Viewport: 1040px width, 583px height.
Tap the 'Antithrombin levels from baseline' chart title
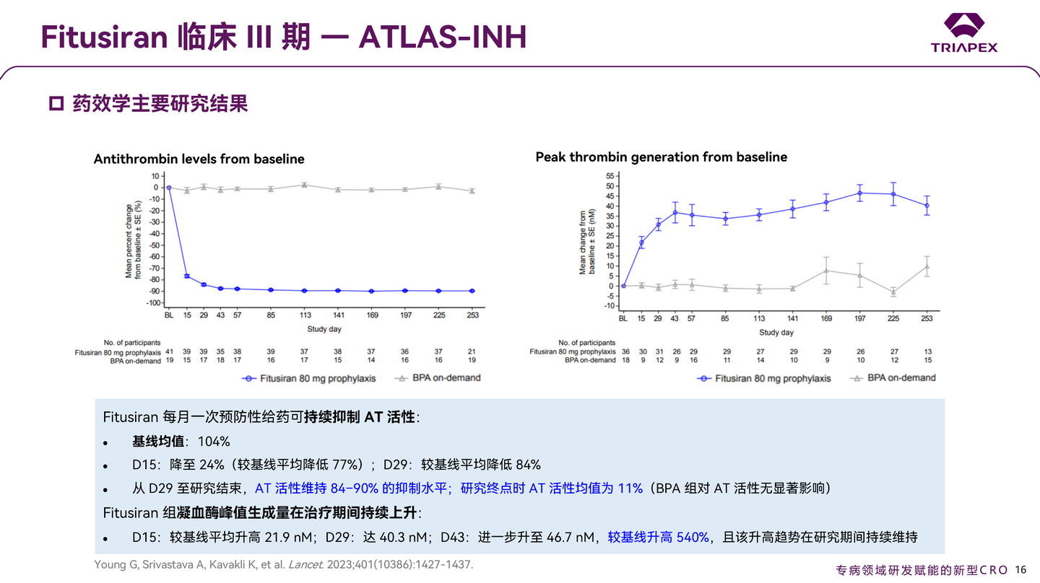click(x=199, y=159)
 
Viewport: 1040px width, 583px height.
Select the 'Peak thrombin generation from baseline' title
click(x=661, y=157)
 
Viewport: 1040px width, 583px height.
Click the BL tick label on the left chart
click(x=168, y=315)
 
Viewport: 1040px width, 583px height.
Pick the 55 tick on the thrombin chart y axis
click(x=609, y=176)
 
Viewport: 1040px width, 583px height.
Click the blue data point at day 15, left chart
click(x=187, y=276)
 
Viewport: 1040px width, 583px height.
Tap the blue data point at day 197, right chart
click(x=860, y=193)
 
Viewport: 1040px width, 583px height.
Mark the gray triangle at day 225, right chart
click(x=893, y=292)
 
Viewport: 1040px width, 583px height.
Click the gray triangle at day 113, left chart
click(x=304, y=185)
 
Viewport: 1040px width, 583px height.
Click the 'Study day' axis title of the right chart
click(x=776, y=333)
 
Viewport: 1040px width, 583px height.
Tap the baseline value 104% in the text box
click(x=216, y=442)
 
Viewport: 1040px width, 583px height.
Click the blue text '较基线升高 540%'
click(x=658, y=537)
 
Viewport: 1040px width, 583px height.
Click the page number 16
click(x=1020, y=569)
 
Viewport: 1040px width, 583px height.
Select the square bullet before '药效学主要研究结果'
click(x=56, y=104)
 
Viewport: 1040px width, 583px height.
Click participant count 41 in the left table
click(x=168, y=351)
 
